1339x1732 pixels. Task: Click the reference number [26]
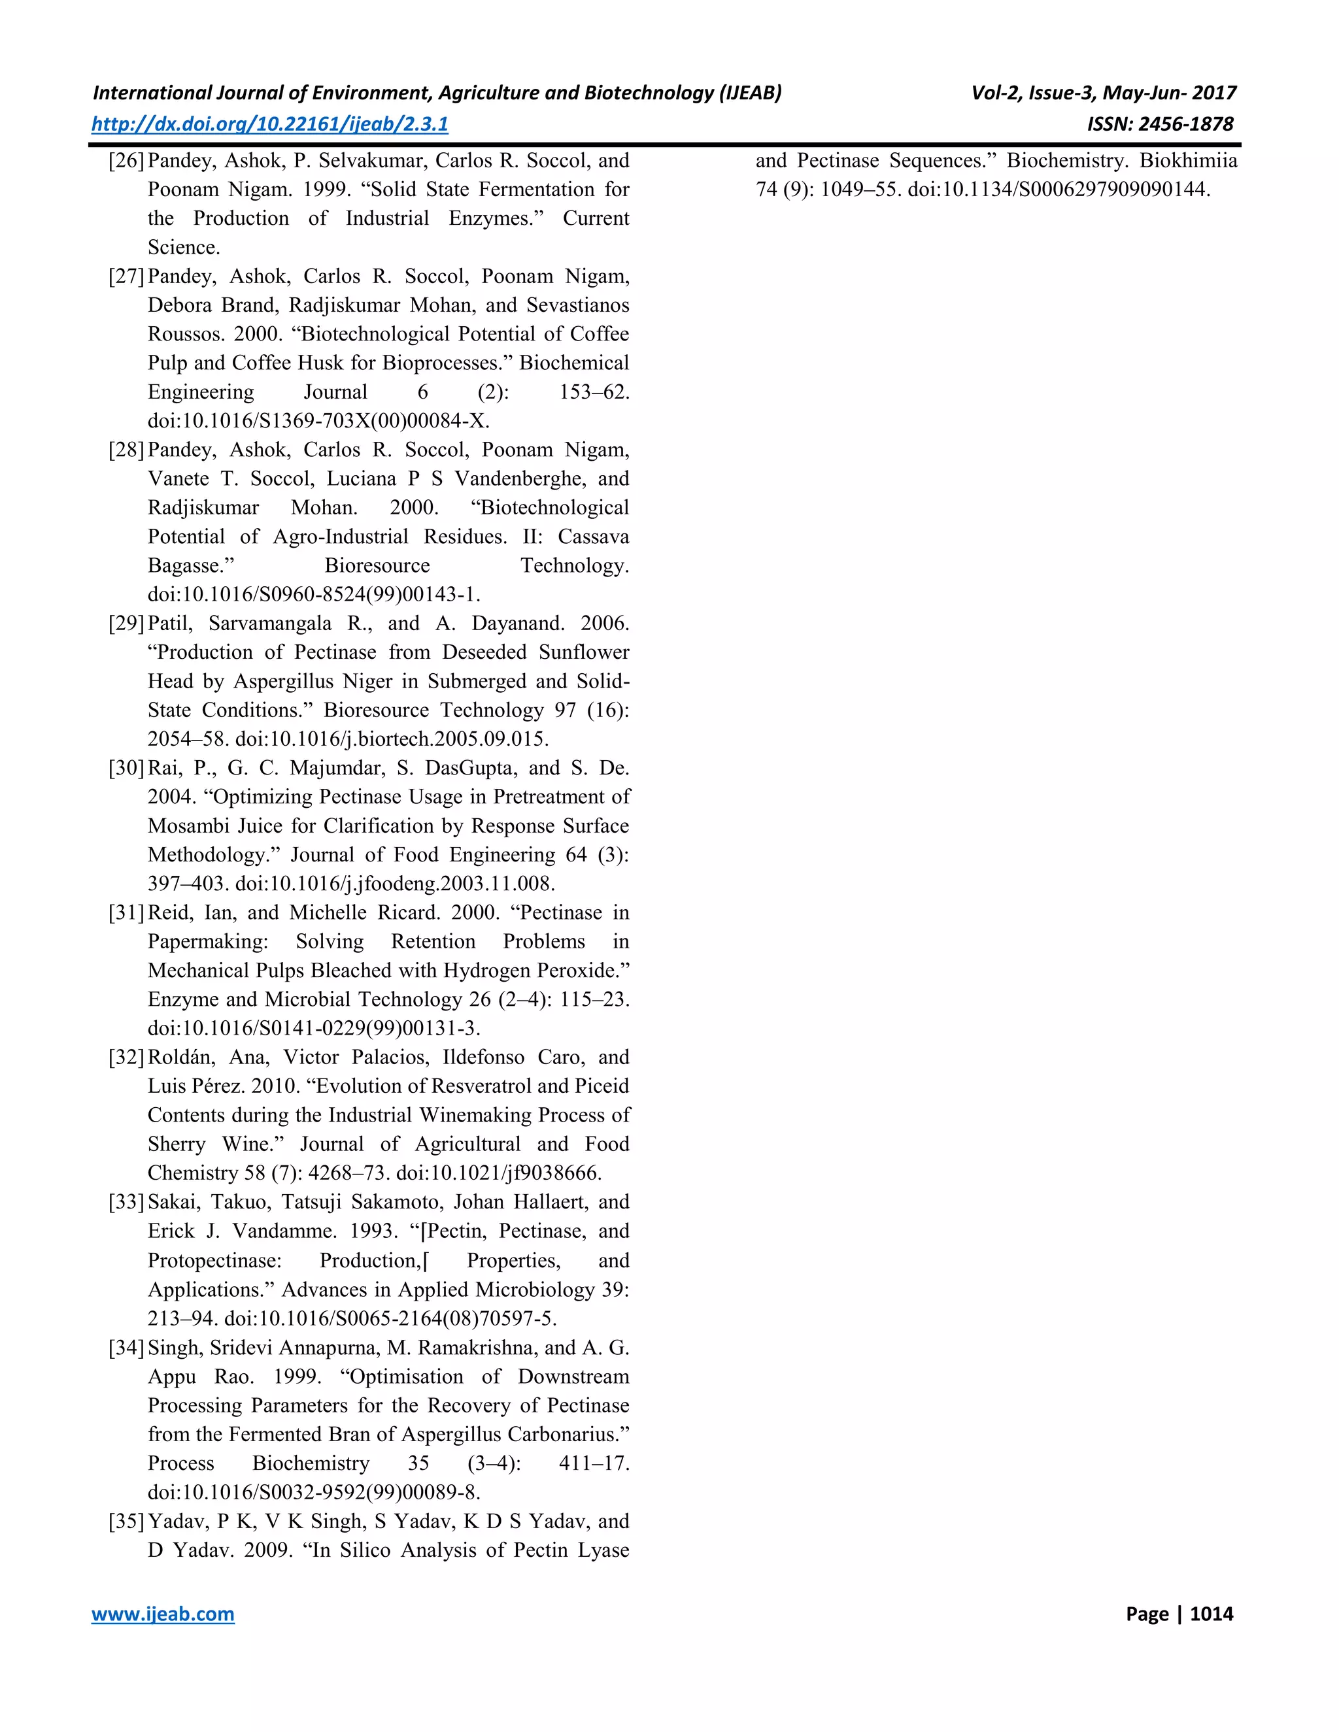click(126, 161)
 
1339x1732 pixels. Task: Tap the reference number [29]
click(126, 624)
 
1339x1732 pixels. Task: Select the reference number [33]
click(126, 1202)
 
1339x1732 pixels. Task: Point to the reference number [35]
click(126, 1521)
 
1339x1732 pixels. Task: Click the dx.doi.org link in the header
click(270, 124)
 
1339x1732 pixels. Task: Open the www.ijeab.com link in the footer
click(163, 1614)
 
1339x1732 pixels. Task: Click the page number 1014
click(1212, 1614)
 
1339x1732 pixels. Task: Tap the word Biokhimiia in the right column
click(1188, 161)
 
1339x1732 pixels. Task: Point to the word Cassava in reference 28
click(594, 537)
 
